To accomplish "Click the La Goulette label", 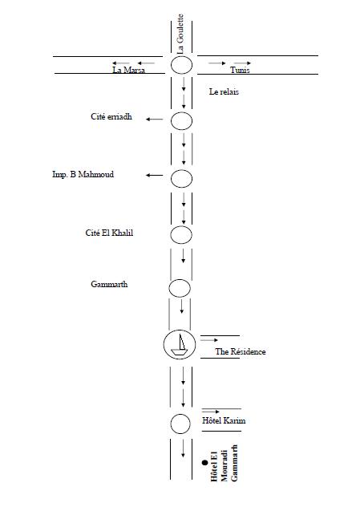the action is click(x=180, y=34).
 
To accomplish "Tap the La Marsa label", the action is click(x=128, y=70).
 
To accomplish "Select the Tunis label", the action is click(x=240, y=70).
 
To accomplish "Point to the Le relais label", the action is click(x=224, y=91).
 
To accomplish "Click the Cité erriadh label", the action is click(x=111, y=116).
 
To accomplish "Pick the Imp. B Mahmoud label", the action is click(x=83, y=174).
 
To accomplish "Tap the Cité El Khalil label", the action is click(x=109, y=233).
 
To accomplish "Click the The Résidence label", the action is click(x=241, y=352).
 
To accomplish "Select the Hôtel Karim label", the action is click(x=224, y=420).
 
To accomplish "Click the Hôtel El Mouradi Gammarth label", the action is click(x=224, y=463).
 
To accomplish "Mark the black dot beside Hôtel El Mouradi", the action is click(x=204, y=463).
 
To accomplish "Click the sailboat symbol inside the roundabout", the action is click(x=179, y=345).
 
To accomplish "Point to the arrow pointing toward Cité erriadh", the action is click(x=154, y=120).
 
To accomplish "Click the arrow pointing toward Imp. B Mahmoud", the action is click(x=154, y=176).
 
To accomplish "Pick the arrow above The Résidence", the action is click(x=209, y=340).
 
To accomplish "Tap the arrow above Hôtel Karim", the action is click(x=211, y=412).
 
